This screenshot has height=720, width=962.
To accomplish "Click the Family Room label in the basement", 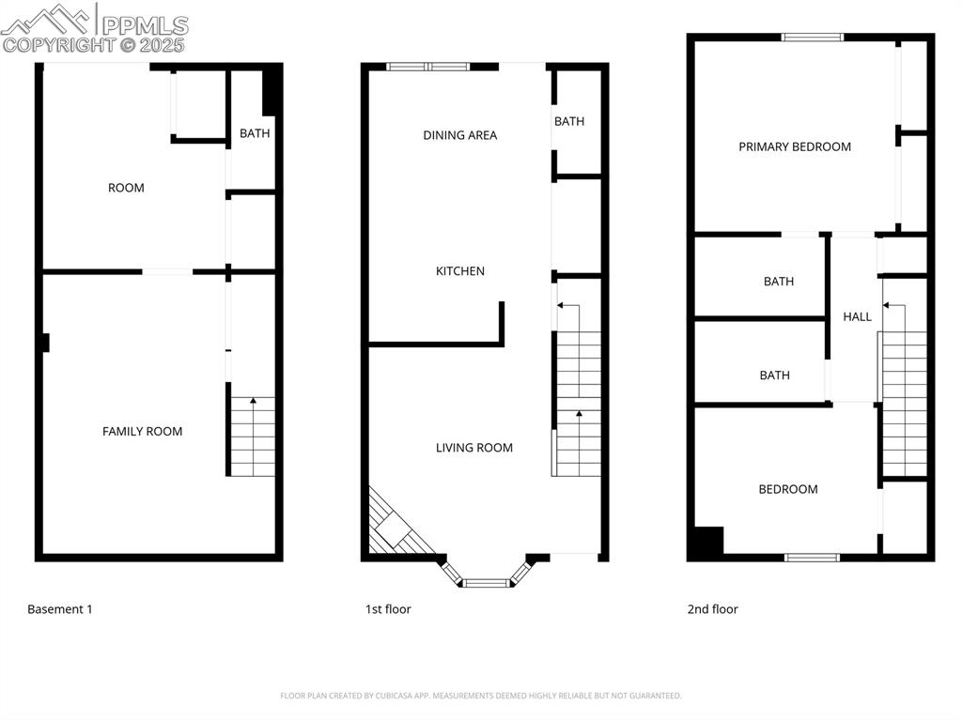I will (143, 432).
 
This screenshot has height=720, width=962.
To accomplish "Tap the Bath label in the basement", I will (255, 133).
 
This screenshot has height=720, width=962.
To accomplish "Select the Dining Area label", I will (460, 135).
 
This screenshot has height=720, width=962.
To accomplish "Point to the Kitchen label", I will (460, 271).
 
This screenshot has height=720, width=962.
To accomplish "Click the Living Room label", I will (474, 448).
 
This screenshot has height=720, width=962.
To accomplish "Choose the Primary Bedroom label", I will (795, 146).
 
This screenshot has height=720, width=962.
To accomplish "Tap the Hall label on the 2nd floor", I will (857, 317).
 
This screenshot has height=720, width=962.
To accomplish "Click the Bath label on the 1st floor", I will (569, 121).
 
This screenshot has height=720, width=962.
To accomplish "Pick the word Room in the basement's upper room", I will (126, 188).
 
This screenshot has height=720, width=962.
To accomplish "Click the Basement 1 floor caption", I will (60, 609).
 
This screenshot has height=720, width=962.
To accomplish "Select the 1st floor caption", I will (388, 609).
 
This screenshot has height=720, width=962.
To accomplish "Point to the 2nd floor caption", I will (712, 609).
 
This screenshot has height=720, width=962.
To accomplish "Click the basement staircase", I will (253, 437).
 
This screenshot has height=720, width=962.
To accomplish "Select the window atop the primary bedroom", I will (813, 38).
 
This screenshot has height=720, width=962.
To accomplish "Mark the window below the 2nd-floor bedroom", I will (812, 557).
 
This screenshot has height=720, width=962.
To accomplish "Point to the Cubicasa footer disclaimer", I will (480, 696).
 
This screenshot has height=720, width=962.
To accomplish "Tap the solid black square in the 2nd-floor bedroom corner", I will (706, 542).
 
